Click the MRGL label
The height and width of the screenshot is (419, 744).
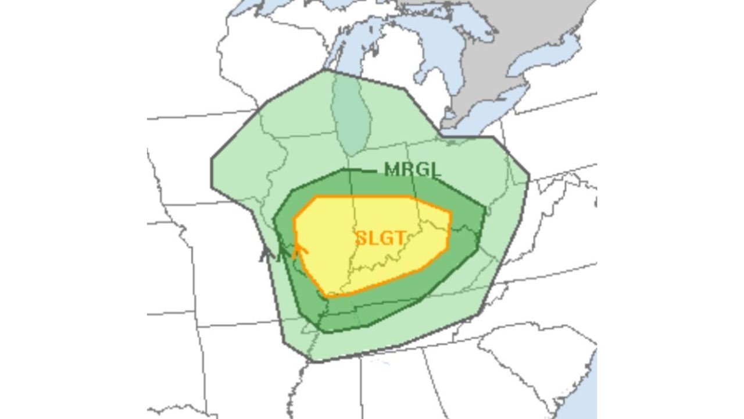tap(412, 169)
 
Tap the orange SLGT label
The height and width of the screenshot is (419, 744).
tap(380, 238)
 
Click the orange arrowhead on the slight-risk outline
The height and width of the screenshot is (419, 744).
tap(299, 250)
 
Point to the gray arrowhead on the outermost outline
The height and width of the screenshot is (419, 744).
tap(267, 253)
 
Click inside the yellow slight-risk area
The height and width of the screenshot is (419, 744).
tap(349, 233)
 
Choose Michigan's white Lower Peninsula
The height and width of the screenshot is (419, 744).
tap(395, 87)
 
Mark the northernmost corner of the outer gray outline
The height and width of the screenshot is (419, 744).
tap(325, 70)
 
